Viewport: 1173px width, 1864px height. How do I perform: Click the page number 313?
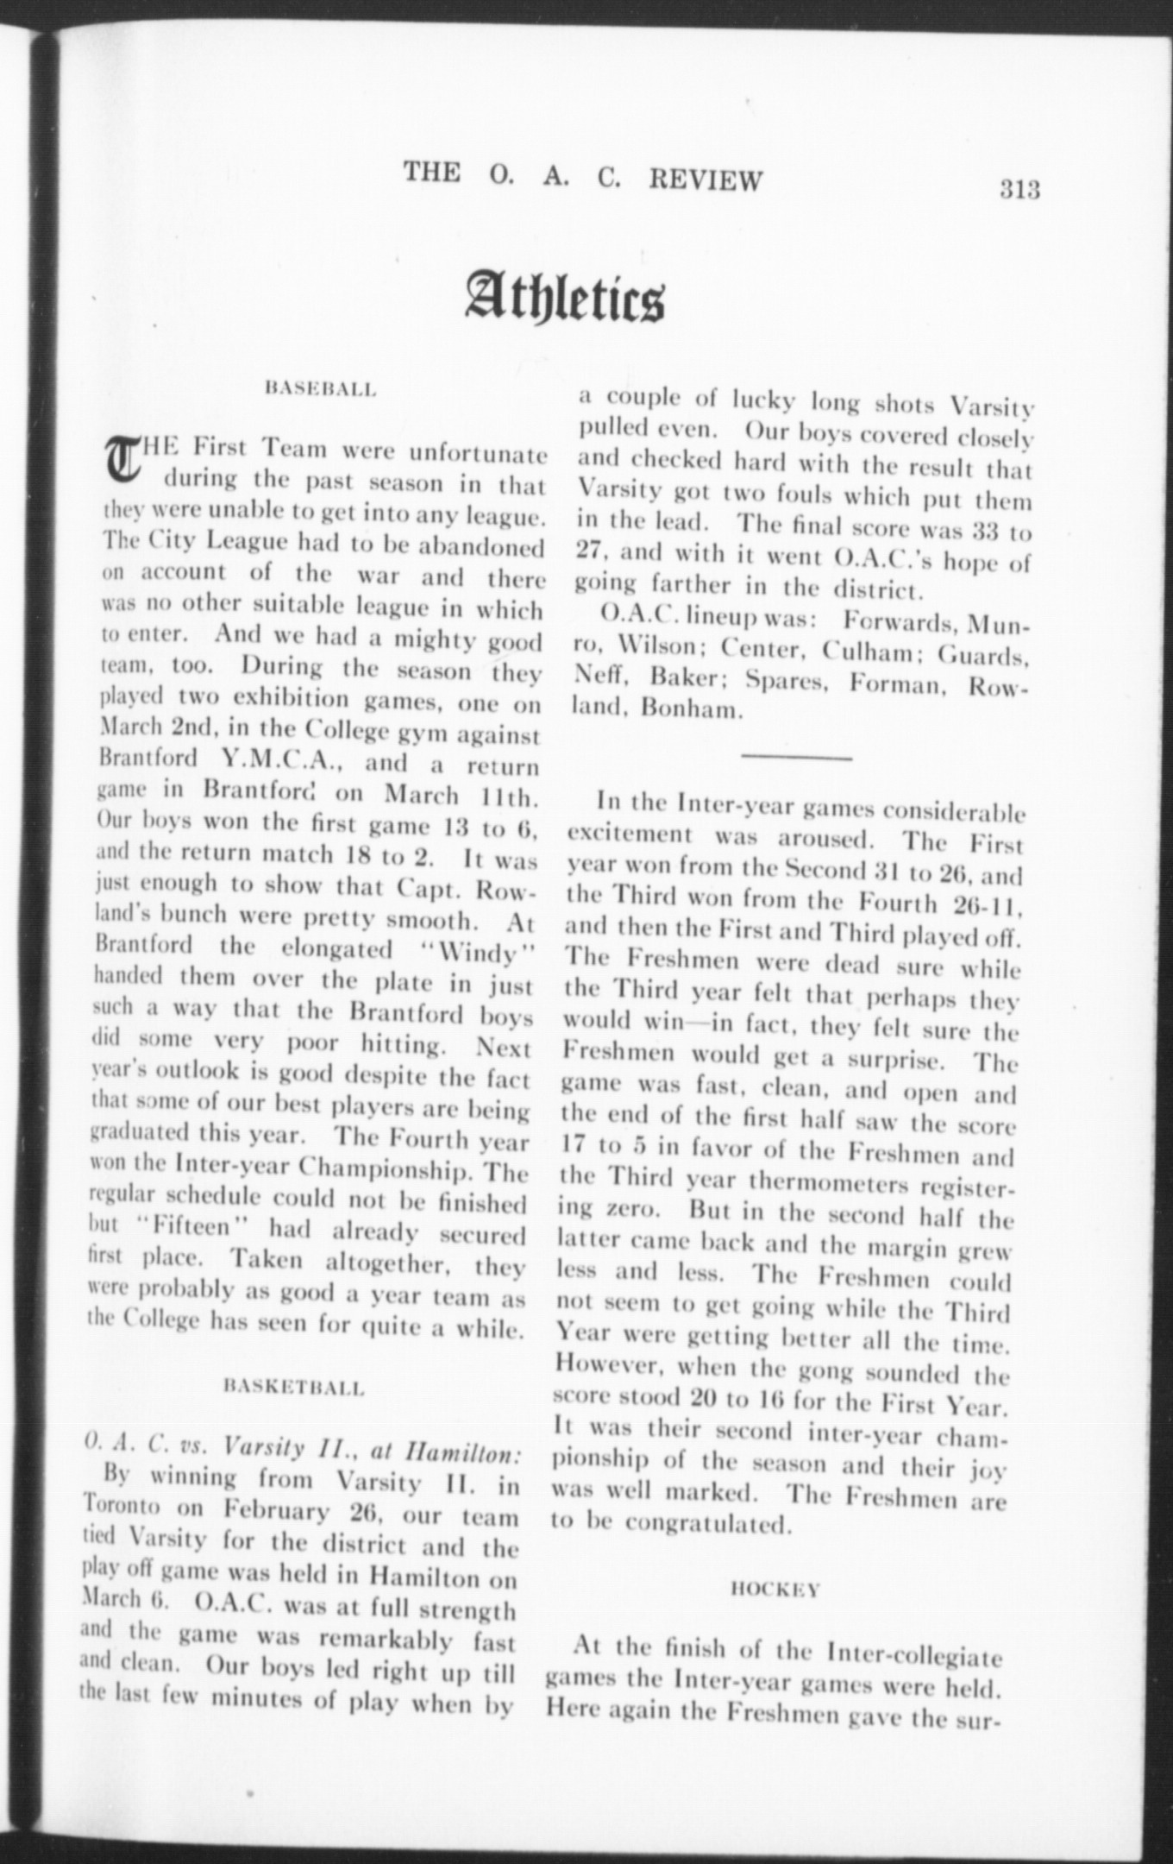(x=1020, y=188)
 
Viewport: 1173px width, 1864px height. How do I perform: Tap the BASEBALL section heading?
(x=322, y=389)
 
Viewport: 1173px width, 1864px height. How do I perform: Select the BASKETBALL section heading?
(x=294, y=1388)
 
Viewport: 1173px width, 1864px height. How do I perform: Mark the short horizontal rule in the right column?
(x=796, y=758)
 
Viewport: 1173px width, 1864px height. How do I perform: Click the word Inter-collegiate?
(x=914, y=1653)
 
